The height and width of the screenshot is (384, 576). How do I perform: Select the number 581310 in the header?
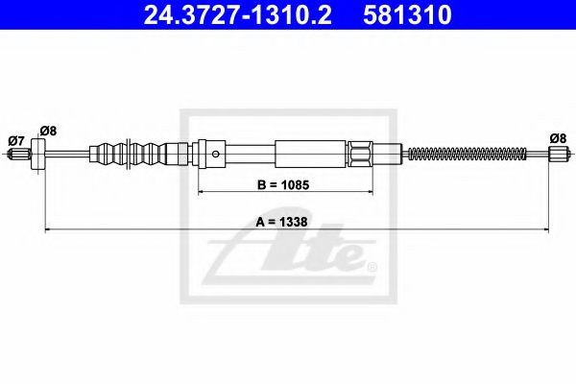click(x=406, y=15)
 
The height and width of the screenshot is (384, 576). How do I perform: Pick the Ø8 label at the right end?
click(x=557, y=136)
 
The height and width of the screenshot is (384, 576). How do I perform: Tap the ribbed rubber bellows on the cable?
click(x=130, y=154)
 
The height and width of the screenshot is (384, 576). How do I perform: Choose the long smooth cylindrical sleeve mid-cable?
click(x=308, y=154)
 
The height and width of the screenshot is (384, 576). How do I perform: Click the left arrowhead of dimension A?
click(x=46, y=229)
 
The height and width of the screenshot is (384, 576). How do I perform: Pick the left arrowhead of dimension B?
click(x=202, y=192)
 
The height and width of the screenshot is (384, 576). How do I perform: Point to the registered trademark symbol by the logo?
click(x=373, y=266)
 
